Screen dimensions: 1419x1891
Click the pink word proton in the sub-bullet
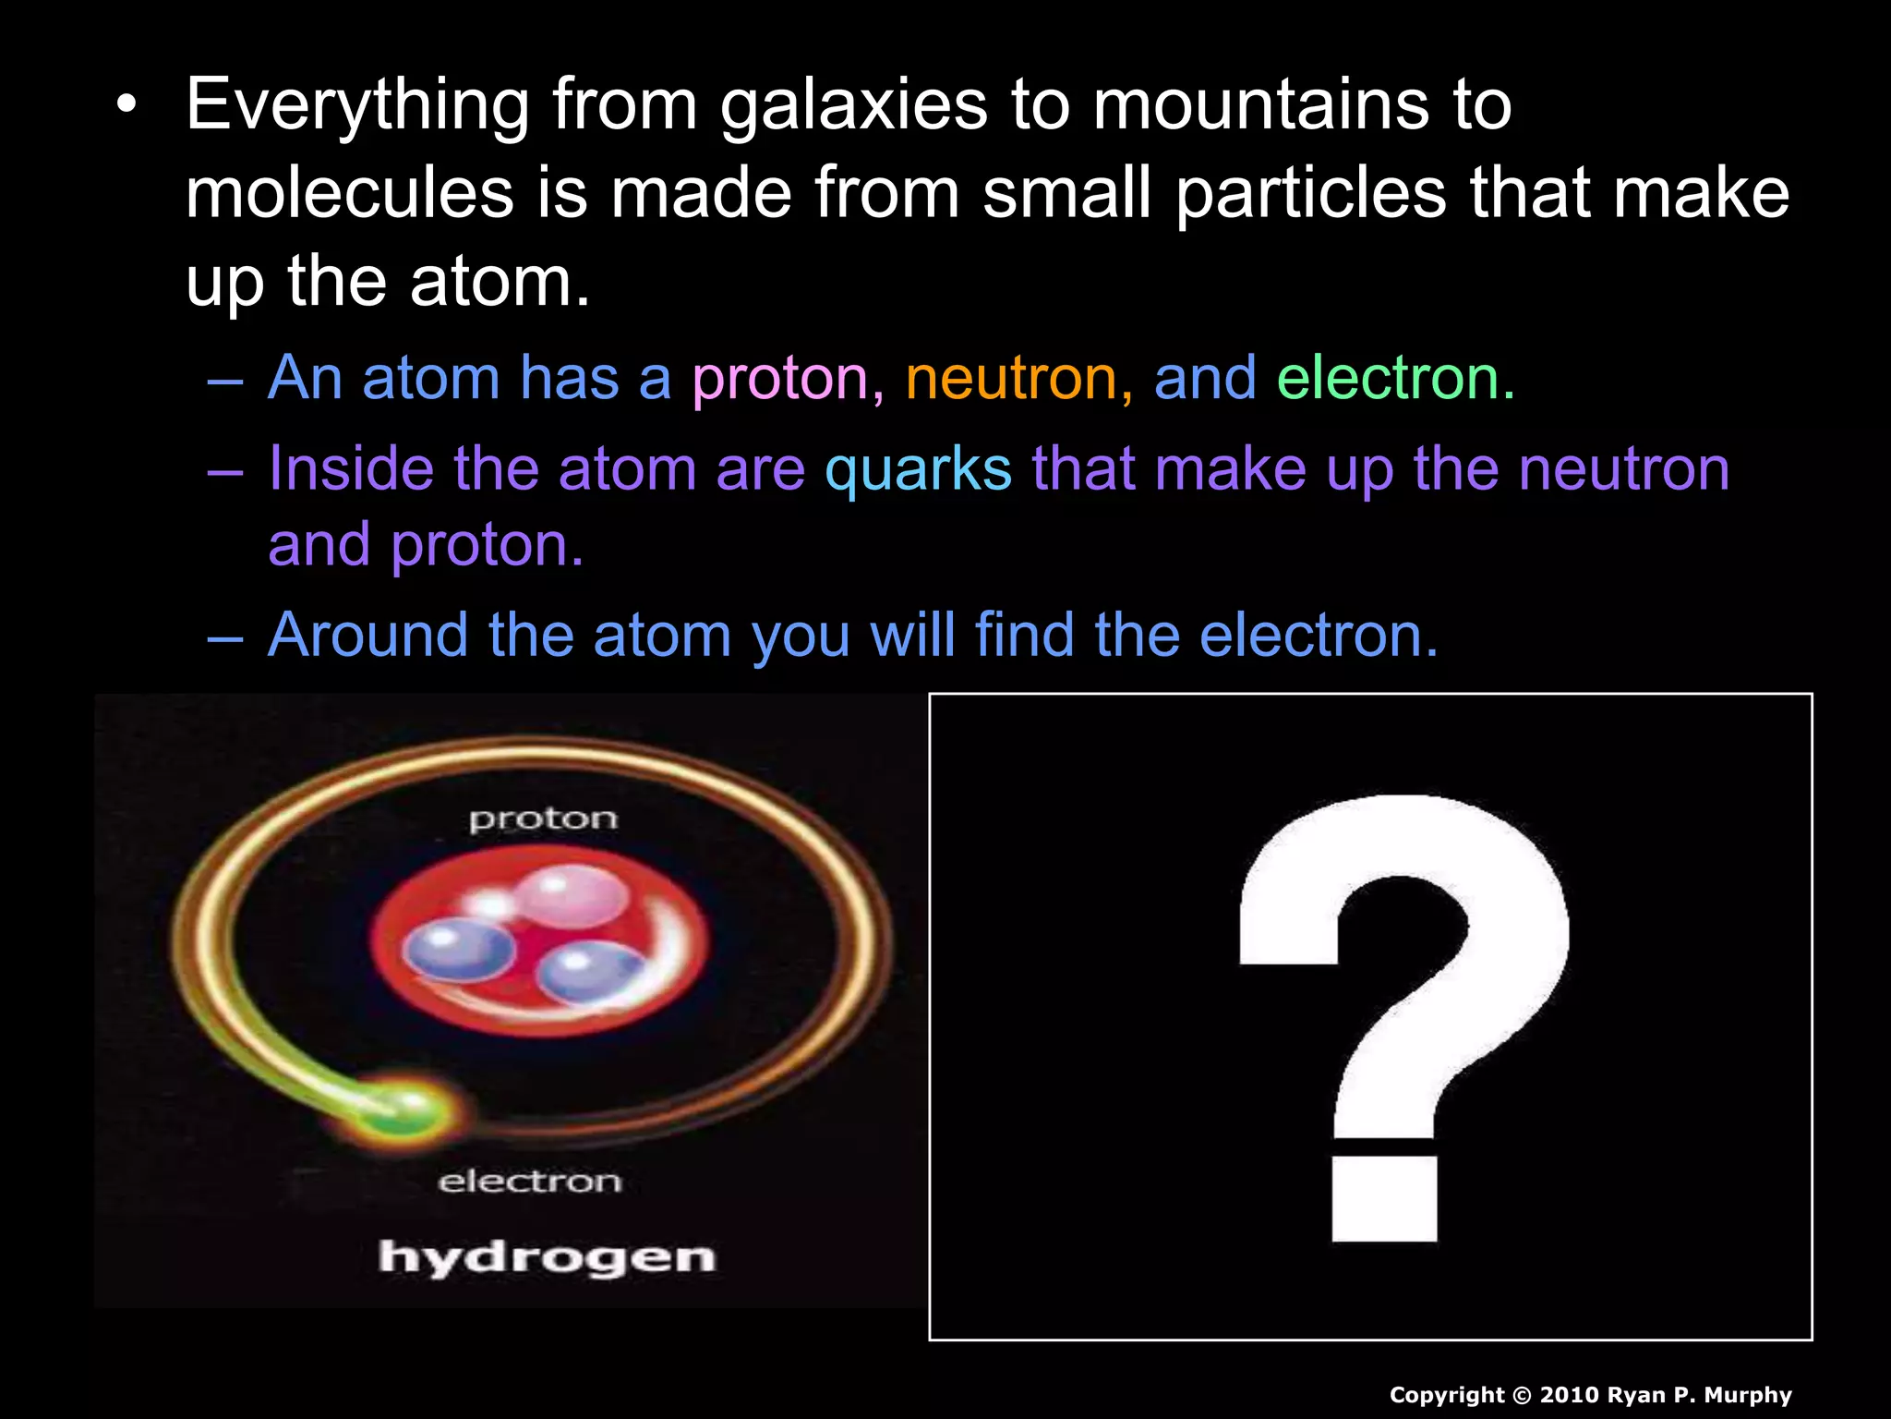pos(781,379)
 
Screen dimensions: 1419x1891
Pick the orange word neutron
pos(1012,379)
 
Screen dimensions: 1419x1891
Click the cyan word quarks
pos(919,469)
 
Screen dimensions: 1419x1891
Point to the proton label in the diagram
pos(543,819)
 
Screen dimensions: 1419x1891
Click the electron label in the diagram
pos(530,1182)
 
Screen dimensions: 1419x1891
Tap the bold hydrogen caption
pos(547,1258)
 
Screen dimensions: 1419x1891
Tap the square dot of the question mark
pos(1384,1198)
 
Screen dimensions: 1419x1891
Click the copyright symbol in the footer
pos(1523,1395)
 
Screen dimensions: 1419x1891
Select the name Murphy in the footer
pos(1748,1395)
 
